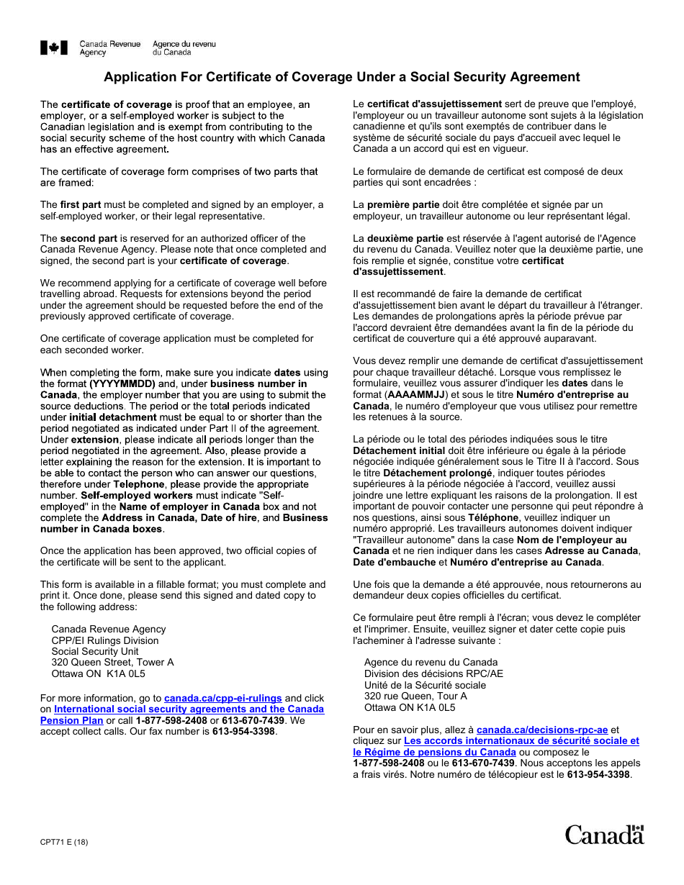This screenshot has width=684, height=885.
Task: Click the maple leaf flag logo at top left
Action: [x=54, y=48]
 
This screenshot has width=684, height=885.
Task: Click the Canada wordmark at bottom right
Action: [x=604, y=835]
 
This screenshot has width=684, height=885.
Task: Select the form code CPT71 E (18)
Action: [x=64, y=842]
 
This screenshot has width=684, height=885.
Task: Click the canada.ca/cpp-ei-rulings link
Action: [x=222, y=698]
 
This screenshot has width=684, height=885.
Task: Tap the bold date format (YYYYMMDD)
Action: [x=122, y=383]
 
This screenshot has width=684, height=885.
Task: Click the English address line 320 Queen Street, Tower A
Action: [x=112, y=663]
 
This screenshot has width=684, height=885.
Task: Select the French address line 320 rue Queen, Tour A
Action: [x=415, y=696]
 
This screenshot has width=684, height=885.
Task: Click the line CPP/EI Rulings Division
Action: [x=105, y=640]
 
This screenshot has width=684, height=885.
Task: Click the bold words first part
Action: [x=81, y=205]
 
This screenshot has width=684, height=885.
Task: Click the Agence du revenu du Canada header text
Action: [x=184, y=48]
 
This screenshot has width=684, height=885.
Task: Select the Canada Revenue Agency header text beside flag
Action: [x=109, y=48]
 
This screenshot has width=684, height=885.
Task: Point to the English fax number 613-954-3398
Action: [x=244, y=731]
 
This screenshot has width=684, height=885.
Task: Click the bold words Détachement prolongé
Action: [x=438, y=473]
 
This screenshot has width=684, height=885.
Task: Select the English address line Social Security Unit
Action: [x=95, y=651]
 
